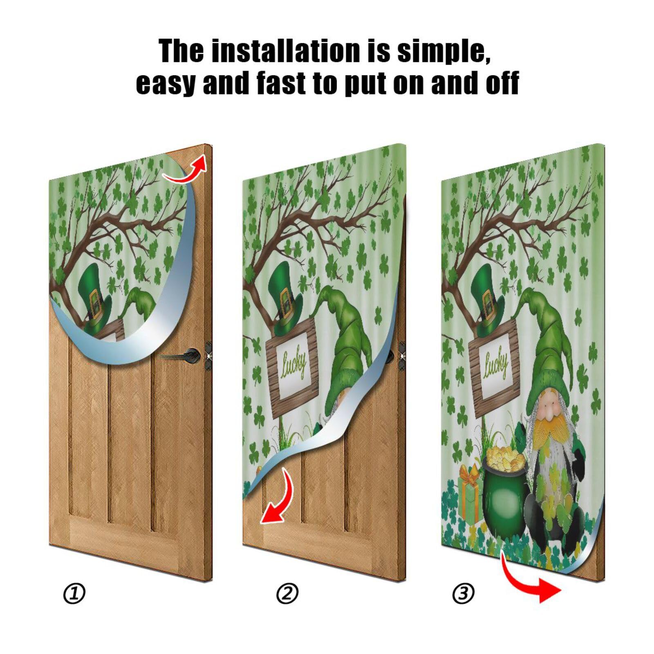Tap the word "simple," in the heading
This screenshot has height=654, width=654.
point(443,51)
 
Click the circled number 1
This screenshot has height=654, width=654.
point(74,594)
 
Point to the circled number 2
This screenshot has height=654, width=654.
point(287,594)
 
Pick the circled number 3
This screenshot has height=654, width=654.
point(464,594)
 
